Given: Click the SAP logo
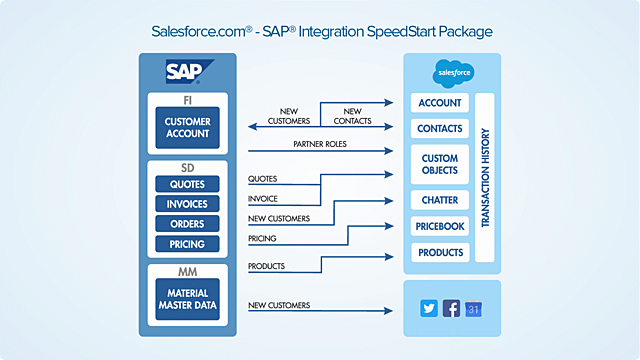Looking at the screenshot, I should (187, 71).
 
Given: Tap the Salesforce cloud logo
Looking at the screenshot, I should (453, 72).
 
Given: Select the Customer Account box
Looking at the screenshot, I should (187, 128).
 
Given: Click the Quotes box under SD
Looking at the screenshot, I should (187, 183).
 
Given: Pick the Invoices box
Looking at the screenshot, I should (187, 204).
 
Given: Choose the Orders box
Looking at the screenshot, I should (187, 224).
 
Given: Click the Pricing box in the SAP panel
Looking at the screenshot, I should (187, 244).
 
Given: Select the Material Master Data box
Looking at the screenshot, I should (187, 299).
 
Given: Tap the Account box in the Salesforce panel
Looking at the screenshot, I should (440, 103).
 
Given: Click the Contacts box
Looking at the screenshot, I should (440, 129).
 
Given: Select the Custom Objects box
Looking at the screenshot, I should (440, 165).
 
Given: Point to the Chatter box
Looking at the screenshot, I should (440, 201).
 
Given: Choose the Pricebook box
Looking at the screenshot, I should (440, 227).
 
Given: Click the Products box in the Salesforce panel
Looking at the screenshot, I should (440, 252).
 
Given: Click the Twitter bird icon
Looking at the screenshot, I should (429, 309).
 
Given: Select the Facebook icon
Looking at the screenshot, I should (452, 309).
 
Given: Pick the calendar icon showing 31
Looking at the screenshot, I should (475, 309).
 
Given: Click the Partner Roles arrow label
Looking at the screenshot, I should (319, 144).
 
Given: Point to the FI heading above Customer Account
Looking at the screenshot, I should (187, 100).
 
